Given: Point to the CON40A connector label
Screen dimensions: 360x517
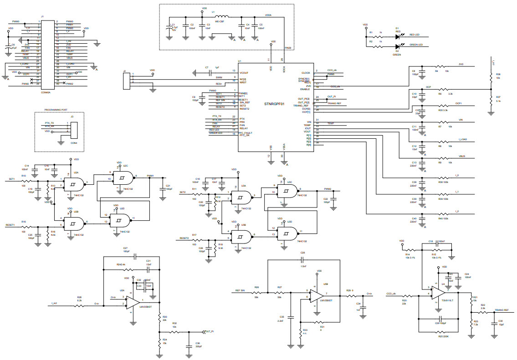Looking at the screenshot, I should click(46, 91).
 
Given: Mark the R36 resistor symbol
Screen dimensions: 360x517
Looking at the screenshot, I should click(491, 78).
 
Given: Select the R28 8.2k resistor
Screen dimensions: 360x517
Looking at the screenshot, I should click(79, 305).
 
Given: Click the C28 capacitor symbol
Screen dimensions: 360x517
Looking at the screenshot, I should click(302, 259).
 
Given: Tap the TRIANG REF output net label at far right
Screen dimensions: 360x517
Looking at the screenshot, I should click(505, 310).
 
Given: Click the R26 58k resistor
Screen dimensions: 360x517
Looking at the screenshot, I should click(256, 294).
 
